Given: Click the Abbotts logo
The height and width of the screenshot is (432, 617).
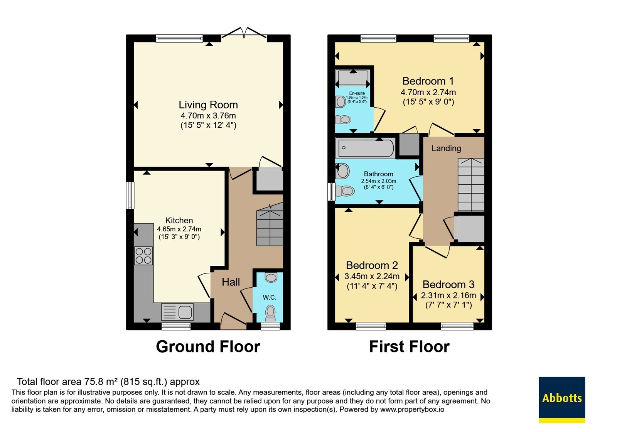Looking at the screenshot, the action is (562, 400).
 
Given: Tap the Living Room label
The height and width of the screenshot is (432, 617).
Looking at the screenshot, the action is (208, 105).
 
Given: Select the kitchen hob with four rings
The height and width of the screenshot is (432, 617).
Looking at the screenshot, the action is (143, 256).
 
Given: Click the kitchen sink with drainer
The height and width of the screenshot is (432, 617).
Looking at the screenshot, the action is (177, 312).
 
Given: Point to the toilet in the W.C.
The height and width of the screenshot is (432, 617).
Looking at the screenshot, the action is (270, 314).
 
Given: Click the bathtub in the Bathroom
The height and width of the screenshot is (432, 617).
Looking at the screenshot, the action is (366, 148).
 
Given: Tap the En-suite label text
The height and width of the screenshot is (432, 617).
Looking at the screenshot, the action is (357, 93).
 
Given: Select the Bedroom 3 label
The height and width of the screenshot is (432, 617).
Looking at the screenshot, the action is (448, 284).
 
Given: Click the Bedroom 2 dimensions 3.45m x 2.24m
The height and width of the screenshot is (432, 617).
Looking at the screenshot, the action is (372, 276).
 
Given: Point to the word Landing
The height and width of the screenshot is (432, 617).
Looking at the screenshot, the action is (446, 148).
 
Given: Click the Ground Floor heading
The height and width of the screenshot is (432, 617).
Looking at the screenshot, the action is (208, 346).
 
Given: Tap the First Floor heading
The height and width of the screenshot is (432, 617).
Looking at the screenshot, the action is (409, 346).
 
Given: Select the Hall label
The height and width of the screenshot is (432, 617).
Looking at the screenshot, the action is (231, 282).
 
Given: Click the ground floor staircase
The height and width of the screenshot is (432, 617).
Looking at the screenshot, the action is (270, 224).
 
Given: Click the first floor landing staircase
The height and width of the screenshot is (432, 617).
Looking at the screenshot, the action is (471, 185).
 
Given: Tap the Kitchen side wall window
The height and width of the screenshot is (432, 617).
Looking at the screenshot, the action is (130, 195).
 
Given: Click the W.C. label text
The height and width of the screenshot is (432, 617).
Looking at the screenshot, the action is (270, 297).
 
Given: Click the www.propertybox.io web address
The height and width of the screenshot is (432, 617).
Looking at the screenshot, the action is (412, 409).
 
